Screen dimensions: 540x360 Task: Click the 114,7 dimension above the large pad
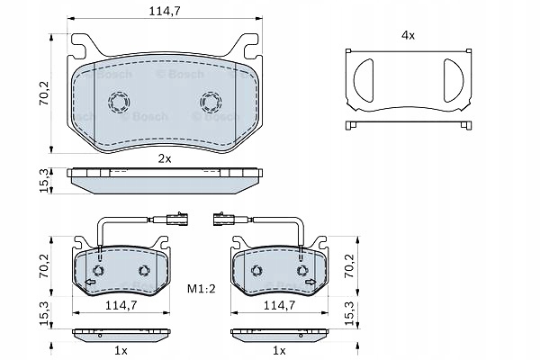pyautogui.click(x=165, y=12)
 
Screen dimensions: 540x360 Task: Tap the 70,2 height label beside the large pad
pyautogui.click(x=44, y=93)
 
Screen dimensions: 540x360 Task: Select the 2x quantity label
pyautogui.click(x=165, y=158)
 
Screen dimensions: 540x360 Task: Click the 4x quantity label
pyautogui.click(x=408, y=35)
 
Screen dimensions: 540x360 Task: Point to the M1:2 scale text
pyautogui.click(x=202, y=289)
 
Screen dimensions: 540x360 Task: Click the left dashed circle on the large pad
pyautogui.click(x=119, y=102)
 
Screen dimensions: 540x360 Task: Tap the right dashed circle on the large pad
pyautogui.click(x=211, y=102)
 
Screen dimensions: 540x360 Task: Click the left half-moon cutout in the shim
pyautogui.click(x=364, y=80)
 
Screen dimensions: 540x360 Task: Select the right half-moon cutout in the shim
pyautogui.click(x=454, y=80)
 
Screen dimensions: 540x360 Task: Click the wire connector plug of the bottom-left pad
pyautogui.click(x=177, y=219)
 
